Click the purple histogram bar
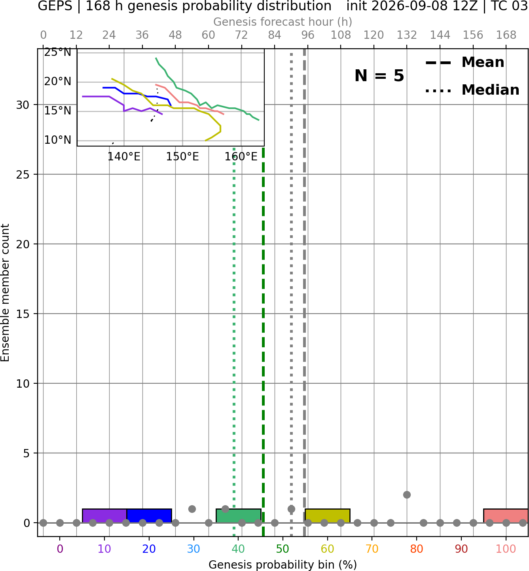104,516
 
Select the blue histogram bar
150,516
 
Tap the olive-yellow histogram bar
328,516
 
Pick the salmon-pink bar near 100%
506,516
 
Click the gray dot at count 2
407,495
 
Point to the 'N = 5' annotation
379,76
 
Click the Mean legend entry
465,62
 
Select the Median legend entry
472,90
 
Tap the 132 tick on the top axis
407,35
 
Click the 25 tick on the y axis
23,175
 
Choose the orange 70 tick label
372,549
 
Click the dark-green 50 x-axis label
283,549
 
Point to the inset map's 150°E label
182,157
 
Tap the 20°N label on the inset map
57,82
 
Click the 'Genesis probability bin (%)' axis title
283,565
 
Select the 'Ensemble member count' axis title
5,293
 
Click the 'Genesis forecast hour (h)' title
283,22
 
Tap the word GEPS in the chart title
55,6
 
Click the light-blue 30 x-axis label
193,549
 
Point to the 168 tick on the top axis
506,35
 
